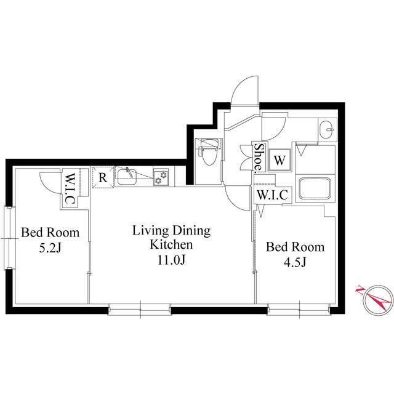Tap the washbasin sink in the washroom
pyautogui.click(x=327, y=130)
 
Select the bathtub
pyautogui.click(x=315, y=188)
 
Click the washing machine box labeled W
pyautogui.click(x=279, y=160)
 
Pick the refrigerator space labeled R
pyautogui.click(x=103, y=177)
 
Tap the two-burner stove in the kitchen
pyautogui.click(x=161, y=177)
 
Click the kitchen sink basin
pyautogui.click(x=127, y=177)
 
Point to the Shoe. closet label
pyautogui.click(x=259, y=158)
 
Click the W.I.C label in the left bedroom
pyautogui.click(x=70, y=188)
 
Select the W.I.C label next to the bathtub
pyautogui.click(x=272, y=195)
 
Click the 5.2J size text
pyautogui.click(x=50, y=248)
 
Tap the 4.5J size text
pyautogui.click(x=295, y=263)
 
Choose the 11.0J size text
pyautogui.click(x=171, y=260)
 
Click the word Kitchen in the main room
pyautogui.click(x=171, y=244)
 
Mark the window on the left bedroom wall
pyautogui.click(x=9, y=238)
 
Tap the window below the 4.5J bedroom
pyautogui.click(x=299, y=309)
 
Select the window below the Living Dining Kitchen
pyautogui.click(x=140, y=309)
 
